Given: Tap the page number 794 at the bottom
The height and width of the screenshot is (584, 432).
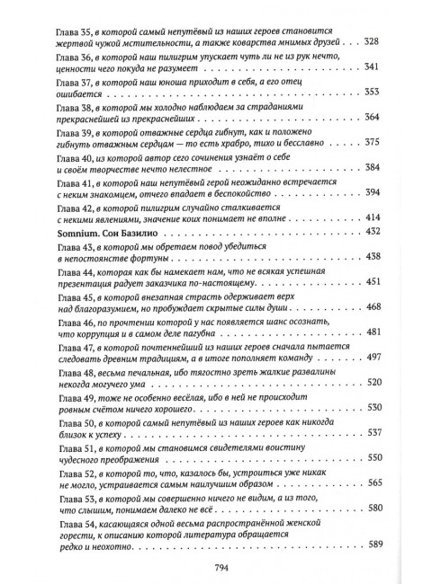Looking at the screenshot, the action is pyautogui.click(x=215, y=565).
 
